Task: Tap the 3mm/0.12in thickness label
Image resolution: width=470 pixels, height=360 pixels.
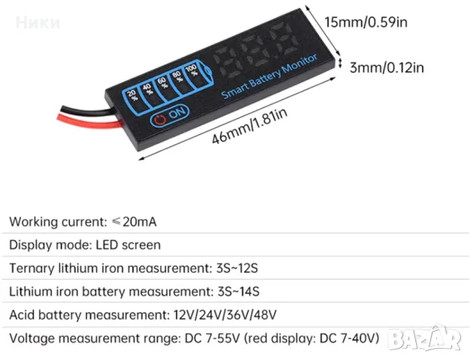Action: (x=387, y=67)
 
